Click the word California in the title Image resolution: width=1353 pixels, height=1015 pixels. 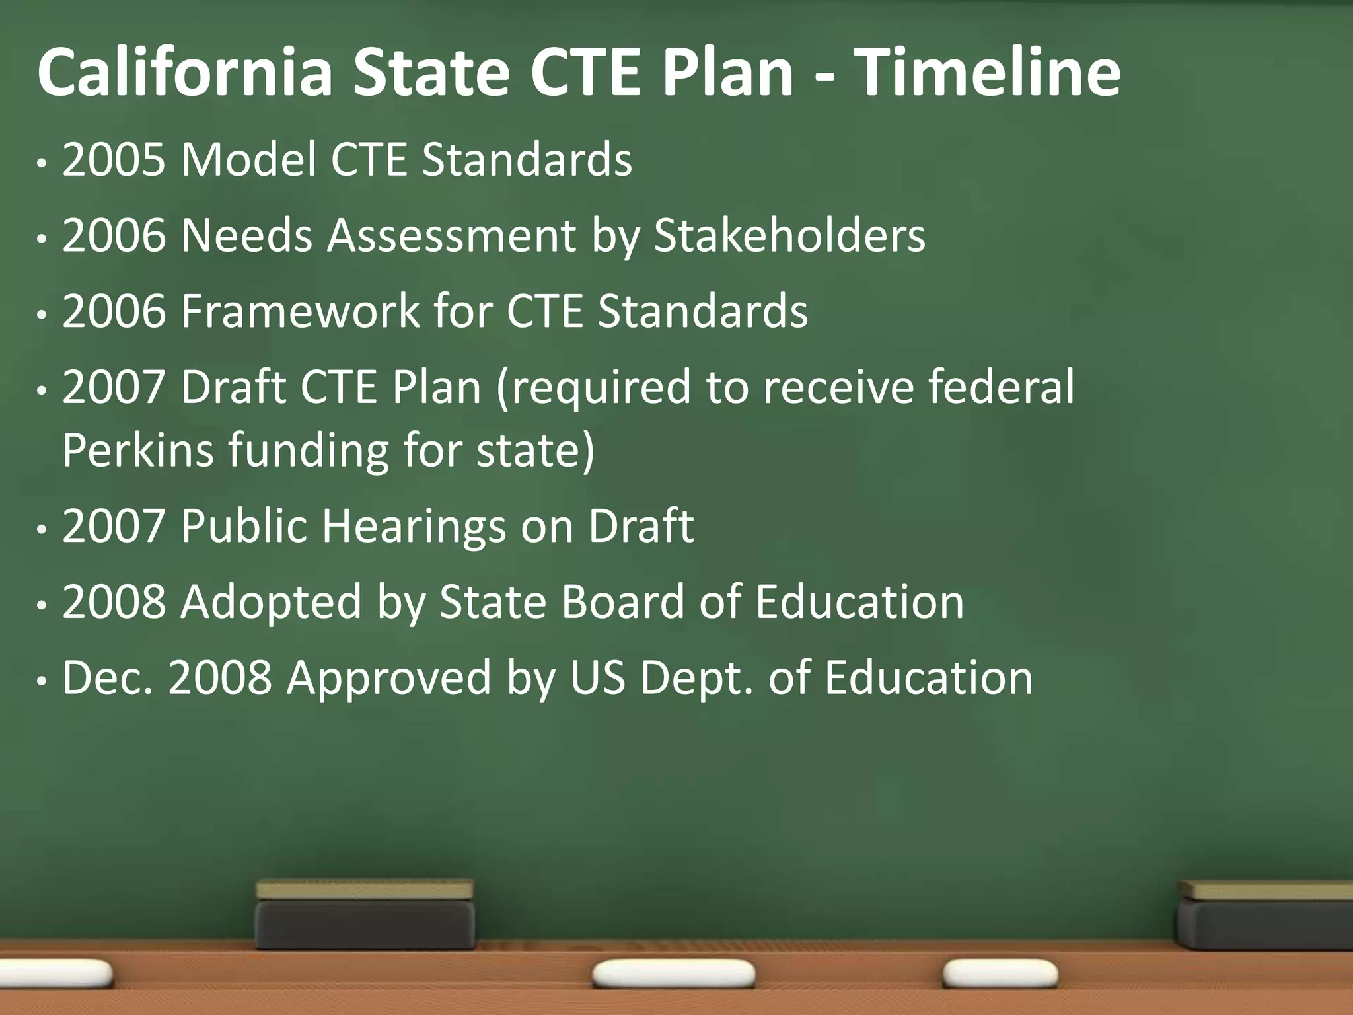pos(184,73)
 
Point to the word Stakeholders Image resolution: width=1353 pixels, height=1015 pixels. pos(789,235)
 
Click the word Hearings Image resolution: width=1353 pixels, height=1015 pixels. pos(414,526)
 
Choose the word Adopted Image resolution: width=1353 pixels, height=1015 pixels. pos(272,603)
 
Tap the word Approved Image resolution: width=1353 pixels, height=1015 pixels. pos(389,679)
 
